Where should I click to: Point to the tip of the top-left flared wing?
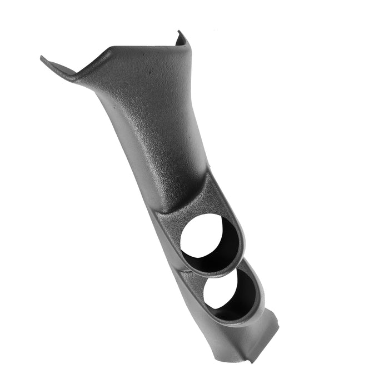43,58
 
